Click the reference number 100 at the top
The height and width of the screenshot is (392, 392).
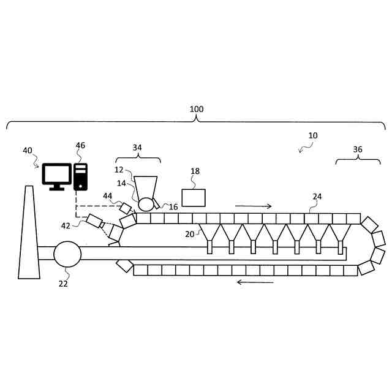[196, 110]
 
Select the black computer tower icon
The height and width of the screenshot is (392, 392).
[80, 176]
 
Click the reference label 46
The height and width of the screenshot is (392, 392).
[80, 146]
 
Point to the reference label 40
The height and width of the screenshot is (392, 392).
[28, 151]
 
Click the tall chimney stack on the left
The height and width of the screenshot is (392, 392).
[29, 233]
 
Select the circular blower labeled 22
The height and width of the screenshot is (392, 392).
[67, 254]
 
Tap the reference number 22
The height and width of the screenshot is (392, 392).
[63, 284]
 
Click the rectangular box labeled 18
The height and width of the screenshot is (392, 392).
[194, 198]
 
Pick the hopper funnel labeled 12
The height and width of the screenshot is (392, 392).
[146, 187]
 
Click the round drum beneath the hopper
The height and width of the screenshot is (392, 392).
[146, 204]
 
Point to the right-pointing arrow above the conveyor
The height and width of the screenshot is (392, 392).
[253, 206]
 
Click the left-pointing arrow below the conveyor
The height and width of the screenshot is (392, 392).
[255, 282]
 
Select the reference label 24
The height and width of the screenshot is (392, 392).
[317, 197]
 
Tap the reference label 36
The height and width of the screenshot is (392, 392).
[358, 149]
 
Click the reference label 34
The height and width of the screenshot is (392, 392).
[137, 148]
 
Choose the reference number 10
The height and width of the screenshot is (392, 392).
[313, 135]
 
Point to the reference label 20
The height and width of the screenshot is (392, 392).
[189, 234]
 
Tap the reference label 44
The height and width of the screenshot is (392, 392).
[108, 196]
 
